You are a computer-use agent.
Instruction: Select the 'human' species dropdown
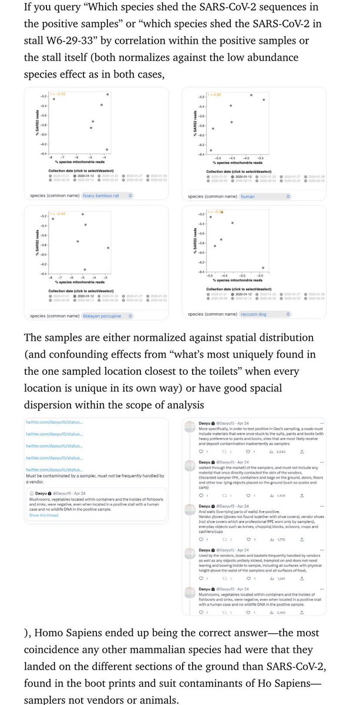pos(265,196)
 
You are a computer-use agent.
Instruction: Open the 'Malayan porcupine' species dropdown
pos(109,315)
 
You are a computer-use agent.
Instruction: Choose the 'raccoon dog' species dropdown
pos(264,314)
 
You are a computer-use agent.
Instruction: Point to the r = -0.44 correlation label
pos(61,213)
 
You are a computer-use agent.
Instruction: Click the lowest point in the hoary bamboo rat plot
pos(107,150)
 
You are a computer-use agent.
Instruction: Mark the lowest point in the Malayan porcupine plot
pos(85,269)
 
